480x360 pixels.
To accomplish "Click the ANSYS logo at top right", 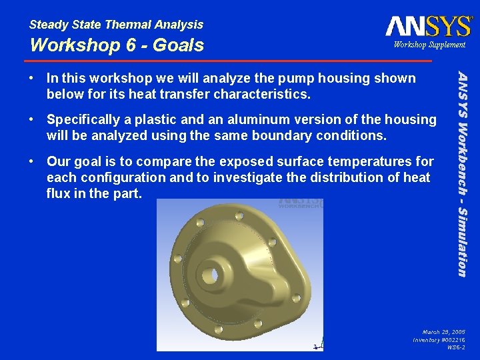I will pyautogui.click(x=428, y=26).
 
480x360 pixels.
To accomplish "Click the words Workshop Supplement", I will pyautogui.click(x=429, y=45).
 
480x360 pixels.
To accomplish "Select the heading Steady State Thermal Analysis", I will pyautogui.click(x=116, y=25).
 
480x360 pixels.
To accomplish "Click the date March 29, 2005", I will pyautogui.click(x=443, y=331).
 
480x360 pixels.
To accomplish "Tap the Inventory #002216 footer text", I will pyautogui.click(x=439, y=339).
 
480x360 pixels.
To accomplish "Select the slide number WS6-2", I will pyautogui.click(x=456, y=347).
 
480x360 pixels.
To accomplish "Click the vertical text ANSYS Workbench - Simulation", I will pyautogui.click(x=461, y=167).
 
